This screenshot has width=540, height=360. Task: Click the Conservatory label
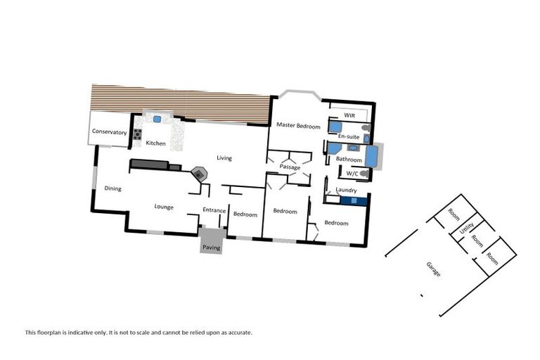tap(109, 132)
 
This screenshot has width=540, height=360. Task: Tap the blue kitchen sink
tap(157, 120)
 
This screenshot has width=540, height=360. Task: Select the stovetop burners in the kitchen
tap(138, 134)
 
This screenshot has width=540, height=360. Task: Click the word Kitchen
tap(156, 143)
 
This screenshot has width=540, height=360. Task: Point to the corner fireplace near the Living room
tap(200, 173)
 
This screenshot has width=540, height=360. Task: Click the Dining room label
tap(112, 188)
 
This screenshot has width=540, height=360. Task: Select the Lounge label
tap(164, 207)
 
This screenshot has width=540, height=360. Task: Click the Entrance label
tap(214, 210)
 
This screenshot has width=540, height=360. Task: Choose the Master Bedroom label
tap(298, 126)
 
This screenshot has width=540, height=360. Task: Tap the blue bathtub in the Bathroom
tap(371, 156)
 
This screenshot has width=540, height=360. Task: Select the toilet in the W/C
tap(364, 173)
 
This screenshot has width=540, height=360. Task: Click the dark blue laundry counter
tap(354, 200)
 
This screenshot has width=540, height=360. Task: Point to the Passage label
tap(290, 167)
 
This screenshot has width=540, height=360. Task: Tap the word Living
tap(224, 158)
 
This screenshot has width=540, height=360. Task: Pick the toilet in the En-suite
tap(366, 128)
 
